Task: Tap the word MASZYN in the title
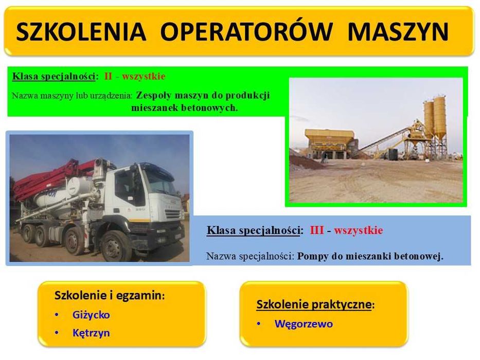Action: tap(398, 32)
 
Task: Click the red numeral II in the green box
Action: tap(108, 77)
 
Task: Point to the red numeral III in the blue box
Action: tap(317, 230)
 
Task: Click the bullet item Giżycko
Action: tap(91, 315)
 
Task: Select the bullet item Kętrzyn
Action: tap(91, 333)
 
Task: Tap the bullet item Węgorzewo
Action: tap(304, 324)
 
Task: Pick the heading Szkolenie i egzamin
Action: tap(109, 296)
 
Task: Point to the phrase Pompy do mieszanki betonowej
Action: tap(370, 256)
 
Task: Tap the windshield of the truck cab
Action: tap(160, 182)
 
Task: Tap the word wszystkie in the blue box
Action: tap(358, 230)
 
